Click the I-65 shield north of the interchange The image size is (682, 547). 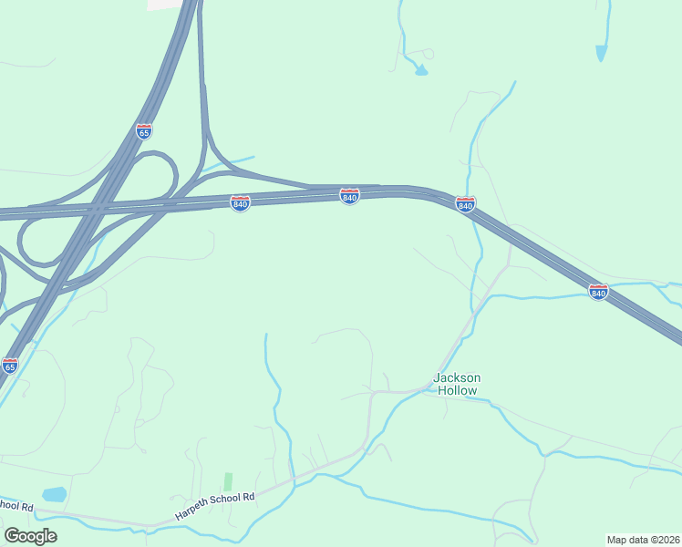point(144,131)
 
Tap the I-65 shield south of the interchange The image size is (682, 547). point(10,366)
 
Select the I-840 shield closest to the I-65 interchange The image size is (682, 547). point(240,202)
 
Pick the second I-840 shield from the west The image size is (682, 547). point(349,196)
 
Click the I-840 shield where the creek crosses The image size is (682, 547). point(465,204)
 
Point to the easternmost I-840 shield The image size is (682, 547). point(598,292)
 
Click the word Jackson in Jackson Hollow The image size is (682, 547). point(457,377)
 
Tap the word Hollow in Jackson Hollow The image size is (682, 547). point(457,390)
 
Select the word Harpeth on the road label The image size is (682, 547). point(193,510)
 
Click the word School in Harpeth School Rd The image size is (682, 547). point(228,501)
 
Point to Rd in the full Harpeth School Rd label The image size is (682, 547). point(249,495)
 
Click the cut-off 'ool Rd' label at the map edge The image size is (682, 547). point(15,505)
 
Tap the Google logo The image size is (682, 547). point(30,536)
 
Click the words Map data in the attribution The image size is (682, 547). point(626,539)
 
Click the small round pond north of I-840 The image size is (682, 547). point(421,70)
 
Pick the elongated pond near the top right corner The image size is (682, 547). point(601,53)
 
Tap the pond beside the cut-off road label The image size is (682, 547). point(55,494)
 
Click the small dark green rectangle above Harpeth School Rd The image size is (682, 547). point(228,481)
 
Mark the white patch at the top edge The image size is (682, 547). point(164,5)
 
